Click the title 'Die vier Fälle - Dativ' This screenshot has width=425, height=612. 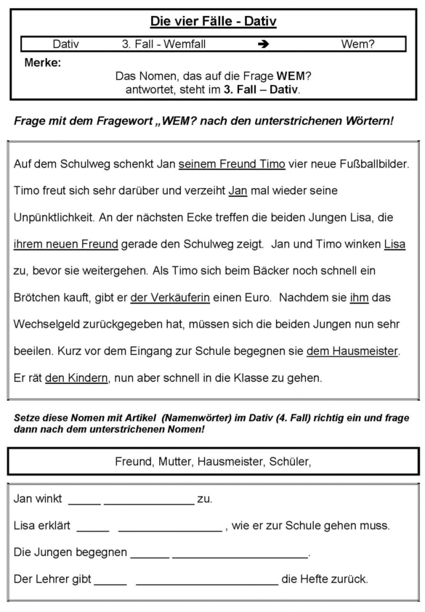tap(213, 22)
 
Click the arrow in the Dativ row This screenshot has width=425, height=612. tap(264, 44)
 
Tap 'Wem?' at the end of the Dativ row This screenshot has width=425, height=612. tap(357, 44)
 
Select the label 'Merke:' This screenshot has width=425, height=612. tap(43, 63)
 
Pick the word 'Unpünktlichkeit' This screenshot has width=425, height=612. tap(54, 218)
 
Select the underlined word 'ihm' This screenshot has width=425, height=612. tap(359, 298)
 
